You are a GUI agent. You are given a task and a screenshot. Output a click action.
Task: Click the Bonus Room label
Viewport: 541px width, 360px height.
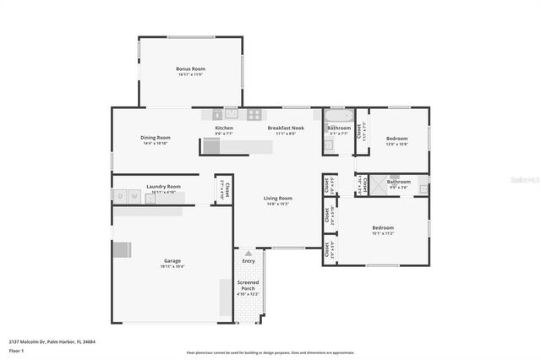tap(190, 69)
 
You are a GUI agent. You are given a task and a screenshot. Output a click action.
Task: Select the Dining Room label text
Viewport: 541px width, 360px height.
tap(156, 138)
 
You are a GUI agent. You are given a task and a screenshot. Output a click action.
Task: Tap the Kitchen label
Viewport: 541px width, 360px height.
tap(224, 128)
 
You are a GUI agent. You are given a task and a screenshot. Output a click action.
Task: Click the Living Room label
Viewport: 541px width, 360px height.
tap(279, 199)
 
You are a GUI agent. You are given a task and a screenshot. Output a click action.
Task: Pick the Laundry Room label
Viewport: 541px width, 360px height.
tap(163, 187)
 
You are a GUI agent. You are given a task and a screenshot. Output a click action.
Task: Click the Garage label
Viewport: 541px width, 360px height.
tap(172, 261)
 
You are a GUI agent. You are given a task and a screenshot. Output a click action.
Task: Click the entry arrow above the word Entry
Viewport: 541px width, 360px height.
tap(248, 253)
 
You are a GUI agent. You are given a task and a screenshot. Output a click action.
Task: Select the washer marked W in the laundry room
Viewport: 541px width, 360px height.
tap(134, 197)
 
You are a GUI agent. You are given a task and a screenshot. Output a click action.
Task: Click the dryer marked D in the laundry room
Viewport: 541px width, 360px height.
tap(121, 197)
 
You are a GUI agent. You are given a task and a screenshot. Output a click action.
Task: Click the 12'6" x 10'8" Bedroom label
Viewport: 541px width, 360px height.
tap(396, 139)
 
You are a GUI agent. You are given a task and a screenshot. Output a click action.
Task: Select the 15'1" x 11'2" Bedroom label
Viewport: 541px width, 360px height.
tap(383, 227)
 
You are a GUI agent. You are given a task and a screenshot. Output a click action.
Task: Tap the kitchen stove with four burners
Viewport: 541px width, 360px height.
tap(252, 113)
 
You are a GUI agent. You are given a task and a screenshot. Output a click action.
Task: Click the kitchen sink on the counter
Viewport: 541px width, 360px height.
tap(230, 113)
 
